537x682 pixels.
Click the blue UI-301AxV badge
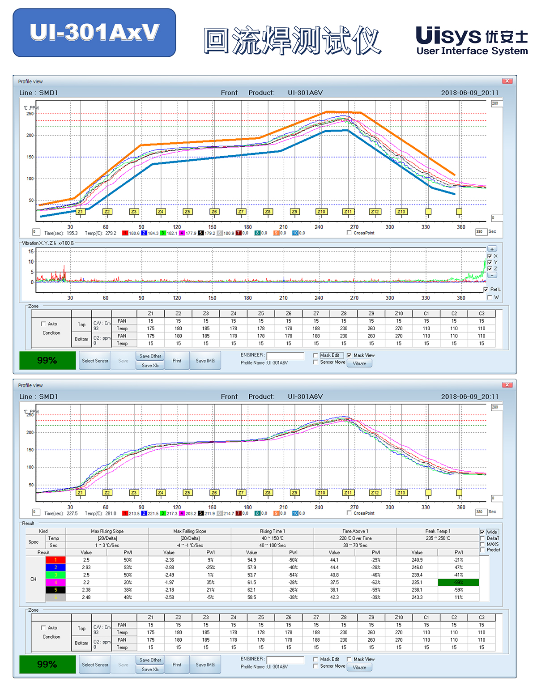tap(94, 33)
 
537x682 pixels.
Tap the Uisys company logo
tap(472, 41)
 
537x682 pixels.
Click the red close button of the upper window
tap(507, 81)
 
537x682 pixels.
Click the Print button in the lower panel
tap(177, 665)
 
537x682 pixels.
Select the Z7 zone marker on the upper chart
tap(241, 212)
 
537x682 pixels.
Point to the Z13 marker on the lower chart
tap(401, 493)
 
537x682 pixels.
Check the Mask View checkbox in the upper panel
tap(349, 355)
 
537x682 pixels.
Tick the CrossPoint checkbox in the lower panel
tap(349, 513)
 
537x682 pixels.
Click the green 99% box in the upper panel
tap(47, 360)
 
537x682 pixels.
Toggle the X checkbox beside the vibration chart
tap(490, 256)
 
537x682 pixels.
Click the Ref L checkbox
tap(486, 290)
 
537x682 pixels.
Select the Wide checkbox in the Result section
tap(482, 532)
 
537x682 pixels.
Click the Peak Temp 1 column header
tap(438, 531)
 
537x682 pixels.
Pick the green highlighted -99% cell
tap(459, 582)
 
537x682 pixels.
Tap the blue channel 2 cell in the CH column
tap(55, 567)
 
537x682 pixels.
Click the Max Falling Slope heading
tap(190, 531)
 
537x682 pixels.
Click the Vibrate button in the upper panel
tap(359, 363)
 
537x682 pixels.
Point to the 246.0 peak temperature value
tap(417, 567)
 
